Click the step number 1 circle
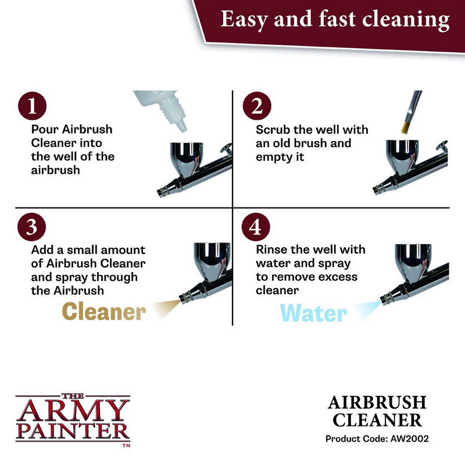(32, 106)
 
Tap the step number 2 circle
(257, 106)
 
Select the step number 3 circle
(32, 227)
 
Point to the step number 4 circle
(256, 227)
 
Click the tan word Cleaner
(104, 312)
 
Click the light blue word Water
(313, 313)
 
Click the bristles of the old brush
(406, 127)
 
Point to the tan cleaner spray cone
(166, 309)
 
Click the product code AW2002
(409, 439)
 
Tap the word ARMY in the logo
(73, 411)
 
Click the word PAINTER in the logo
(73, 431)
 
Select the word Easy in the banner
(244, 20)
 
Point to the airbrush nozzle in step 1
(162, 192)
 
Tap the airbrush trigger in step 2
(442, 146)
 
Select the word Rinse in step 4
(272, 250)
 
